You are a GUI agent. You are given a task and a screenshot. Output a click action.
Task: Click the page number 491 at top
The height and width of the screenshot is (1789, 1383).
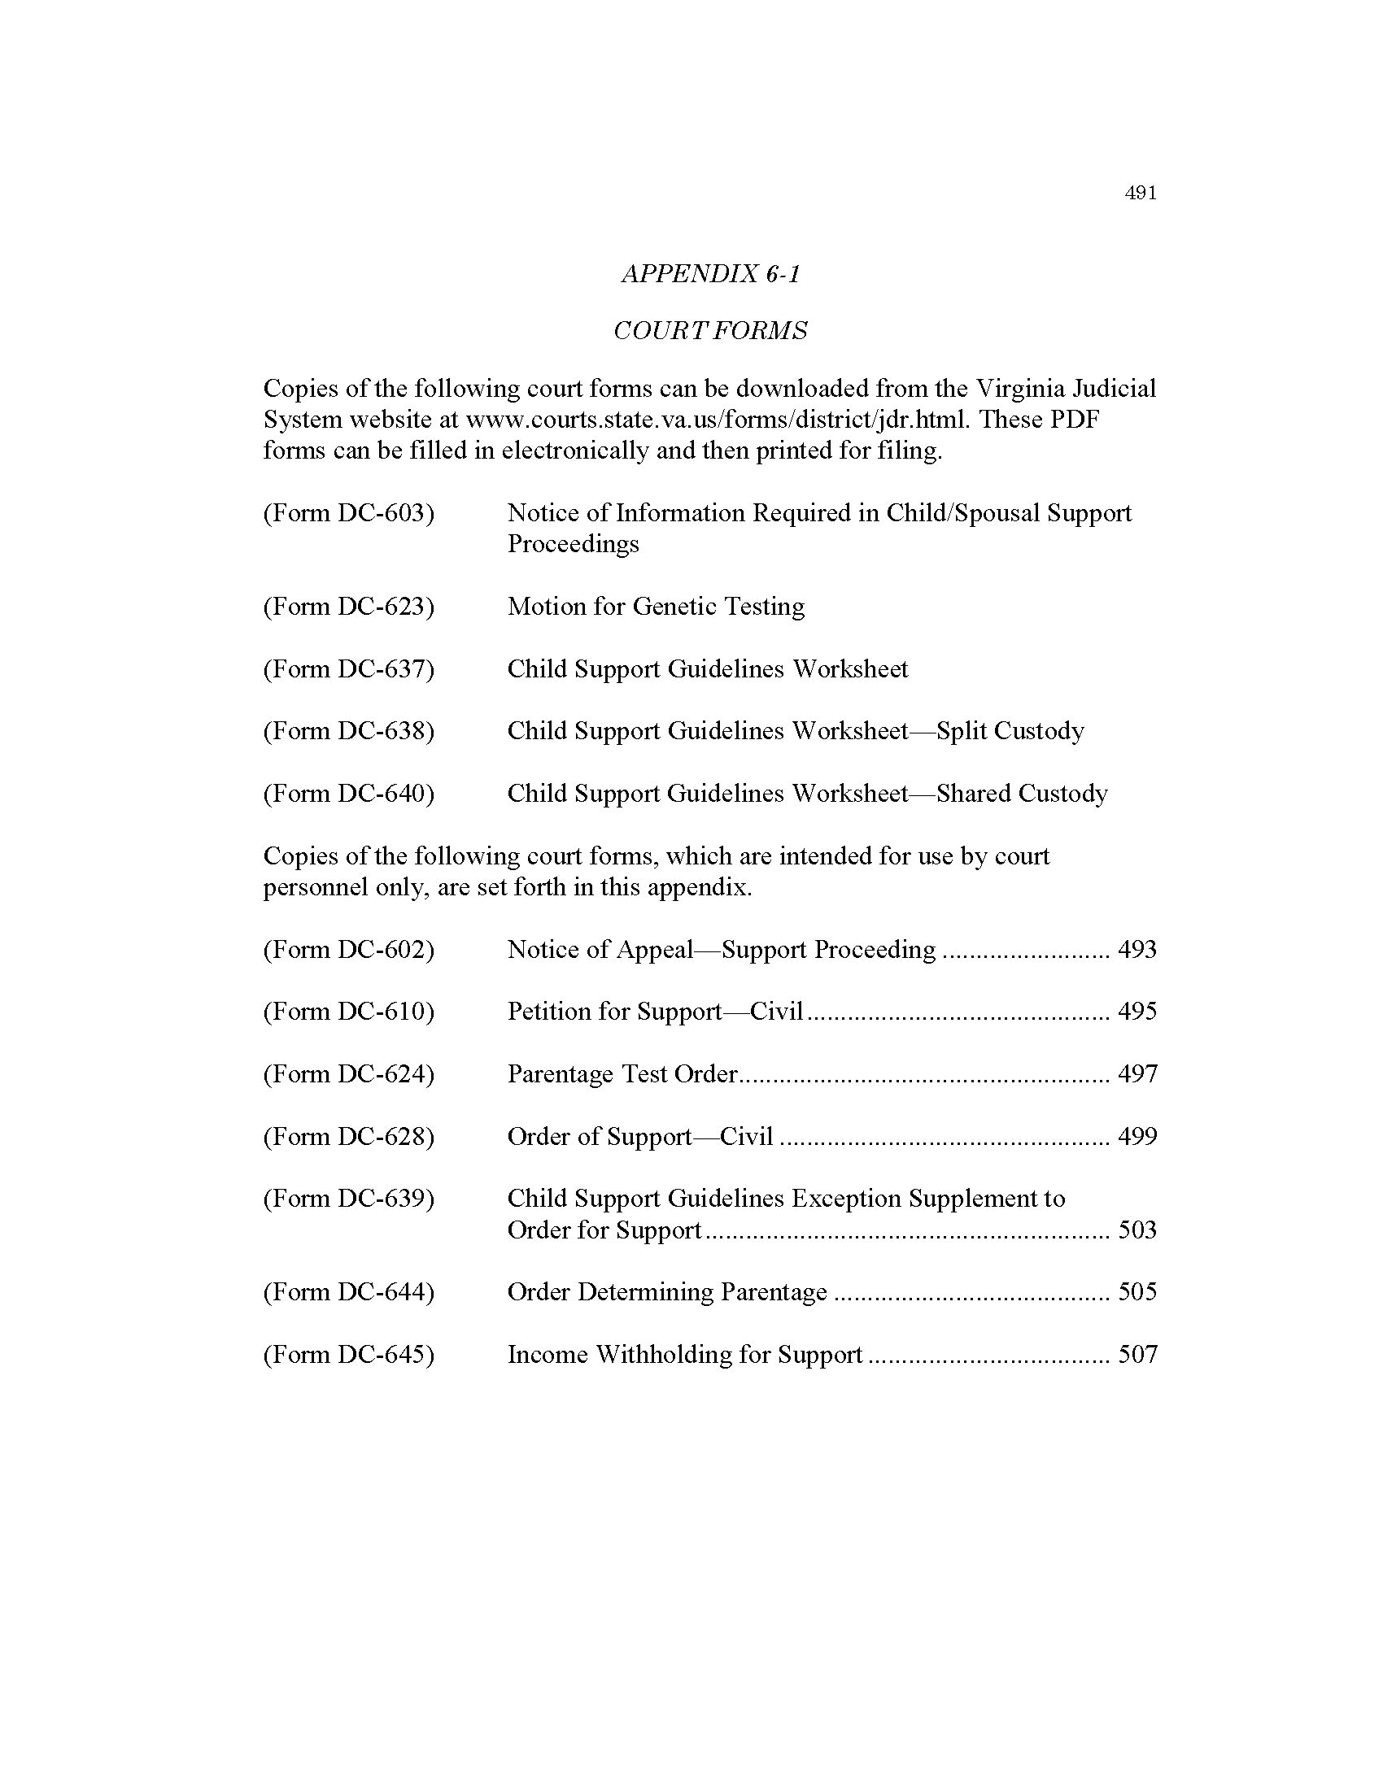coord(1141,194)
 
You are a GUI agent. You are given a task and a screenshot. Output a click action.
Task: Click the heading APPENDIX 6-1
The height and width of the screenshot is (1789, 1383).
coord(710,273)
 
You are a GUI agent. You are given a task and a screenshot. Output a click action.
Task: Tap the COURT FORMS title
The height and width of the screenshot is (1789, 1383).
coord(710,331)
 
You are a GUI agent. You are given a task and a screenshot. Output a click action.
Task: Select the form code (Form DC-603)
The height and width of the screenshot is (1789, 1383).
coord(348,513)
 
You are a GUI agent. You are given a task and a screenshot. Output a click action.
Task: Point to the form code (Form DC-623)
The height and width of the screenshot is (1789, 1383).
coord(348,606)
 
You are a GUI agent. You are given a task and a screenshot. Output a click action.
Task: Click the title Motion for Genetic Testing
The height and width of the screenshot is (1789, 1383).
coord(656,606)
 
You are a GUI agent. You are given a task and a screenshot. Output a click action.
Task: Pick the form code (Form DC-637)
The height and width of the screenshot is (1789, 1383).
coord(348,669)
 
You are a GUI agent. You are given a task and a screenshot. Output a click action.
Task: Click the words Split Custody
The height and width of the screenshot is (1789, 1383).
coord(1010,731)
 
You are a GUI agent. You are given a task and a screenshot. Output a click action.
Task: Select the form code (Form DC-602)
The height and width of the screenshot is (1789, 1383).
coord(348,949)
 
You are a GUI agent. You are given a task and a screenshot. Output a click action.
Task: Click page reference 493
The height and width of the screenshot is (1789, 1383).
coord(1137,949)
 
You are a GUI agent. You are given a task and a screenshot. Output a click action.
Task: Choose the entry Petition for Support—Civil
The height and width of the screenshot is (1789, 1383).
coord(656,1012)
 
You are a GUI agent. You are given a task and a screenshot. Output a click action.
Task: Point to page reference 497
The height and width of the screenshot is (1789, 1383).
coord(1137,1074)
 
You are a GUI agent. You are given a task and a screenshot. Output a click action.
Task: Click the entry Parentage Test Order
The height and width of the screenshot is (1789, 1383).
coord(622,1074)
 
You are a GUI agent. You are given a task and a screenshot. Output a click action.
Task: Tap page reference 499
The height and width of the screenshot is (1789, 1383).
coord(1137,1136)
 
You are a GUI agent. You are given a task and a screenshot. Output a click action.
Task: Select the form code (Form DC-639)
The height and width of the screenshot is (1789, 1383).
coord(348,1199)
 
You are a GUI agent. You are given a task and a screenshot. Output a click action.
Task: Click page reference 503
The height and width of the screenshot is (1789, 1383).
coord(1137,1230)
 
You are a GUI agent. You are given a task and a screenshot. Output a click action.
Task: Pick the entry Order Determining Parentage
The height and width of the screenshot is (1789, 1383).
coord(667,1292)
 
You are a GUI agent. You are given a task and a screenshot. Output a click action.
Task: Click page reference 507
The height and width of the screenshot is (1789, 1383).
coord(1137,1354)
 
